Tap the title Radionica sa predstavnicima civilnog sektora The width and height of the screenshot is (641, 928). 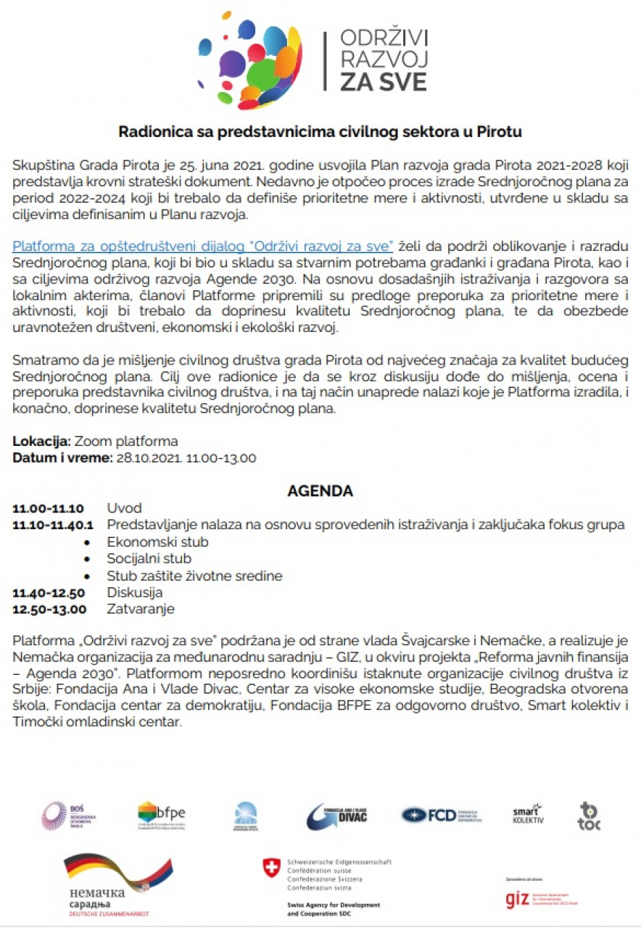(320, 132)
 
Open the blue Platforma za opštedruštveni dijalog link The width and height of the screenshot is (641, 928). (202, 246)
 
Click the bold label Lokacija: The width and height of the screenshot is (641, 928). (41, 442)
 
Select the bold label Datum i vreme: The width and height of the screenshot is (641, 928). (62, 457)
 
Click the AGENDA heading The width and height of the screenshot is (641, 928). (320, 491)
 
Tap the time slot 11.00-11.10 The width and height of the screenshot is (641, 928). (48, 508)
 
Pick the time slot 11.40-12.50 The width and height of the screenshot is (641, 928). (49, 593)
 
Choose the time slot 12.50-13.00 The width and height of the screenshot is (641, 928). (49, 609)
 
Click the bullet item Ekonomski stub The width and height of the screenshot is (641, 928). (157, 542)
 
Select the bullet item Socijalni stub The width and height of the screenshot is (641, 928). (149, 559)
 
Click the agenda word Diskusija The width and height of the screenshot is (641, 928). (135, 593)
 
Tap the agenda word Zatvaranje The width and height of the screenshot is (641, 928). (141, 609)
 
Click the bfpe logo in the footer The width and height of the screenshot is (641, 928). (161, 816)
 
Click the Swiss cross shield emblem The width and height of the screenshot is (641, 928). (272, 867)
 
